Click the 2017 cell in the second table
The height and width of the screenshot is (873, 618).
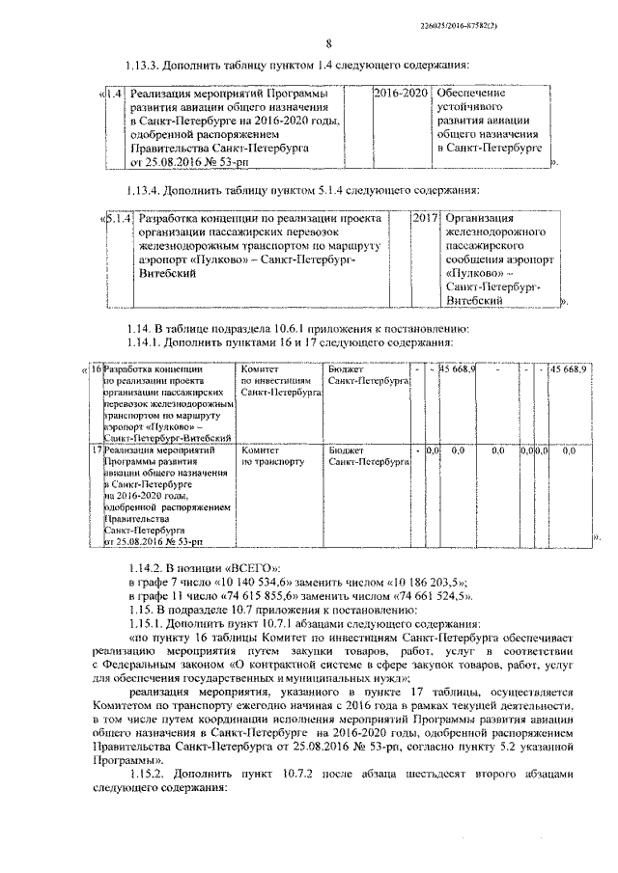tap(426, 219)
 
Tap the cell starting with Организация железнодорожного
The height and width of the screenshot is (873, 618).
tap(497, 259)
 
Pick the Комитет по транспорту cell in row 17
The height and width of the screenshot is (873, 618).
tap(273, 455)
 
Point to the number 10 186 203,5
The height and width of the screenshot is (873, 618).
tap(426, 585)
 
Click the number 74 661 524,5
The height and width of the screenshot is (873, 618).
tap(428, 598)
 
